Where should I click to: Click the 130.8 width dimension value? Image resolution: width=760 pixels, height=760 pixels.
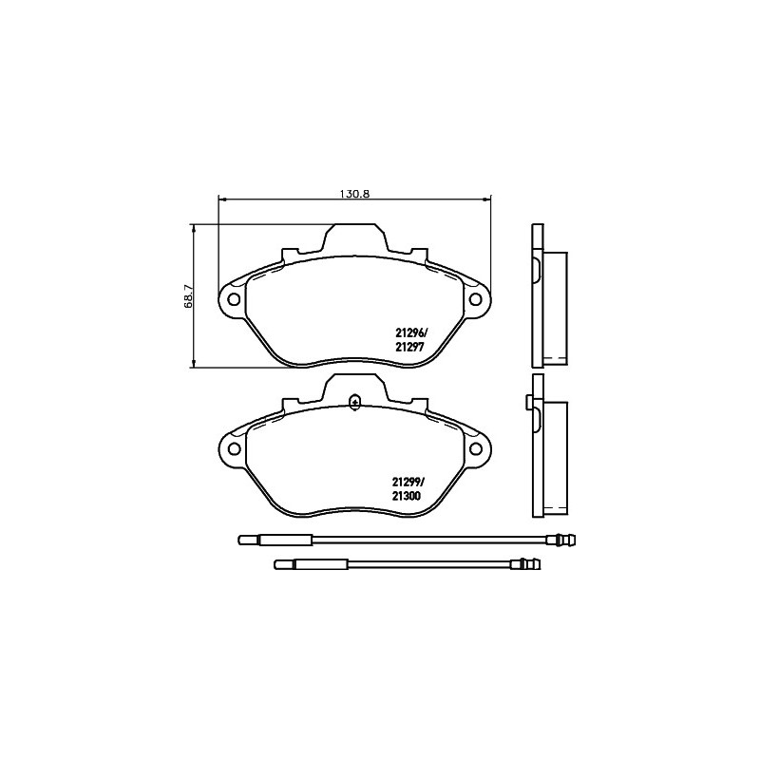coord(354,194)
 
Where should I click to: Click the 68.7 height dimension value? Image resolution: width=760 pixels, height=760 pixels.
coord(189,296)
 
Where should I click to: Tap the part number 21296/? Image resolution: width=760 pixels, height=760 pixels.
coord(411,333)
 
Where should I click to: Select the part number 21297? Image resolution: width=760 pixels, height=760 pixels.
coord(410,347)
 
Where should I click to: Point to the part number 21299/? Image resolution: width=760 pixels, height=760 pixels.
coord(408,483)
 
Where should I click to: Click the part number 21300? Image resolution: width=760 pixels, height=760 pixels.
coord(407,496)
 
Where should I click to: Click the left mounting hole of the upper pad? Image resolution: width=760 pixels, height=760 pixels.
coord(234,299)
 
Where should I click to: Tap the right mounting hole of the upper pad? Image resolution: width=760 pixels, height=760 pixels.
coord(476,299)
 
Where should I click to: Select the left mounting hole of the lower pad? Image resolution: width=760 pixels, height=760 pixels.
coord(234,448)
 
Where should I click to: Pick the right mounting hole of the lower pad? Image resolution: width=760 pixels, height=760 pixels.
coord(476,448)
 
